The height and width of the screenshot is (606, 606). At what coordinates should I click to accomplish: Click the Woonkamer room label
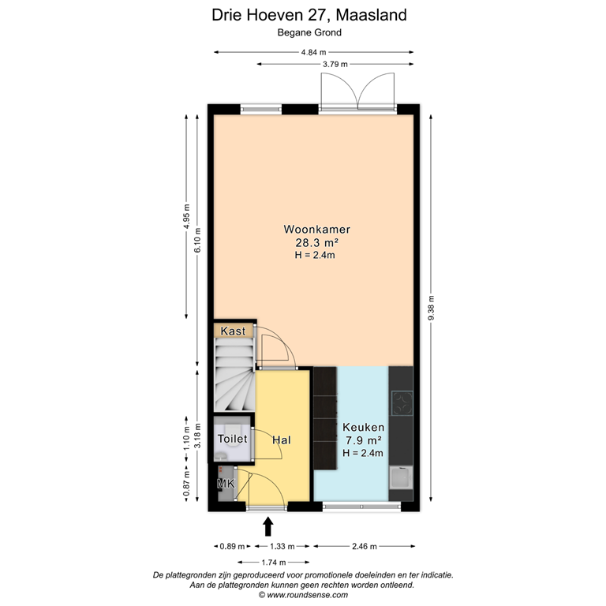pyautogui.click(x=316, y=230)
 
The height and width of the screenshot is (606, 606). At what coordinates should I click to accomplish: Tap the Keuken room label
pyautogui.click(x=362, y=426)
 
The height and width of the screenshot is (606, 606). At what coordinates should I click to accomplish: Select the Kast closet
pyautogui.click(x=234, y=331)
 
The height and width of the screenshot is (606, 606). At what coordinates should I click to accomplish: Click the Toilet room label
pyautogui.click(x=232, y=439)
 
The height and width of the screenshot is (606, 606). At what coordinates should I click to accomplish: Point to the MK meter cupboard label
pyautogui.click(x=226, y=482)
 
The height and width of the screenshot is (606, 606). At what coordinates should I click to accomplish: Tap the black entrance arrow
pyautogui.click(x=268, y=525)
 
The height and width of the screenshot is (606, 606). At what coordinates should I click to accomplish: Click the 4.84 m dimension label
pyautogui.click(x=314, y=52)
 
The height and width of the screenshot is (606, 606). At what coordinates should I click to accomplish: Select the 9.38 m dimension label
pyautogui.click(x=431, y=309)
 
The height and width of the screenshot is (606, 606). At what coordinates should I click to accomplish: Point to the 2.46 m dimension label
pyautogui.click(x=362, y=546)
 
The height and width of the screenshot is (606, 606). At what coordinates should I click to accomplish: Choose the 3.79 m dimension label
pyautogui.click(x=335, y=65)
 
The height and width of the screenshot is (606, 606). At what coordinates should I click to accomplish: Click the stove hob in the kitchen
pyautogui.click(x=402, y=404)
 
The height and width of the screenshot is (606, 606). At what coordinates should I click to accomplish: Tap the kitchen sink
pyautogui.click(x=401, y=477)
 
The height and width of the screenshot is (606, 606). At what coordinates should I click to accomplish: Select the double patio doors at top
pyautogui.click(x=357, y=91)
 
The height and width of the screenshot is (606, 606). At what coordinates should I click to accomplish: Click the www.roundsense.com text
pyautogui.click(x=302, y=596)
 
